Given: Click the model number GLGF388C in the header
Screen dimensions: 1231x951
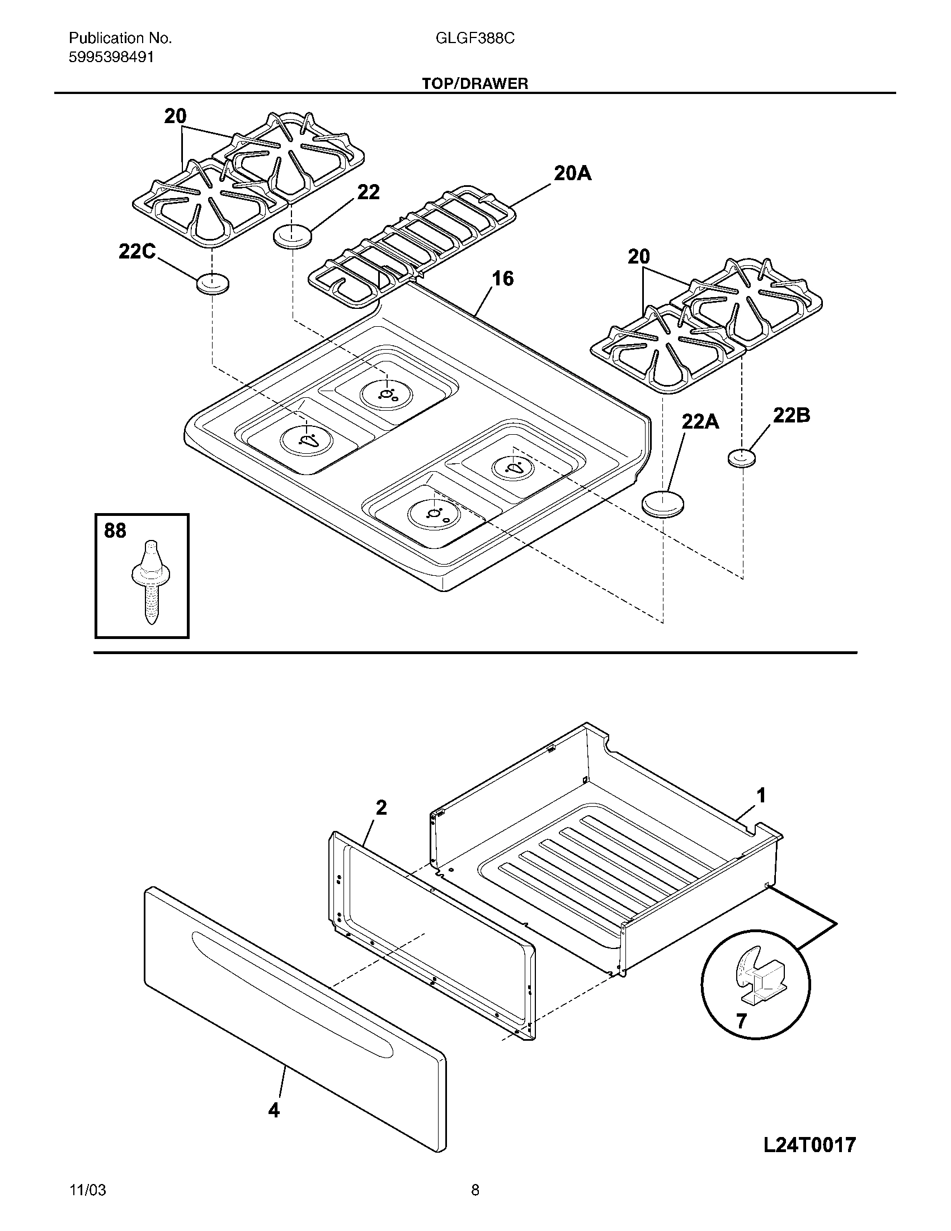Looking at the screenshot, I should (x=474, y=38).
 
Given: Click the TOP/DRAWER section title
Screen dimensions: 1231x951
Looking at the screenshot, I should (x=475, y=84).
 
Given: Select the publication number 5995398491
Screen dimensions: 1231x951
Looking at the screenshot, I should (x=111, y=57).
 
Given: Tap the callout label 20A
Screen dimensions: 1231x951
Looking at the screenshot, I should (x=572, y=173).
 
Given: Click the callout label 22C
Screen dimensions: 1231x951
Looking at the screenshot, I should (x=137, y=251).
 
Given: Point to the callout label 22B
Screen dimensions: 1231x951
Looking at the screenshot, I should (x=791, y=415).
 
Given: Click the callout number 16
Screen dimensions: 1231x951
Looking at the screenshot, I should (x=502, y=279).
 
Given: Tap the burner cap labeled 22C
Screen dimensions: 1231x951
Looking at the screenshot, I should (x=213, y=284).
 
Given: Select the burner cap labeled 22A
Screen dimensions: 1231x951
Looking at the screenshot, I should (x=663, y=502).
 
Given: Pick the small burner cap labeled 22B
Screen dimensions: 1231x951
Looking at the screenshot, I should (x=741, y=458).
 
